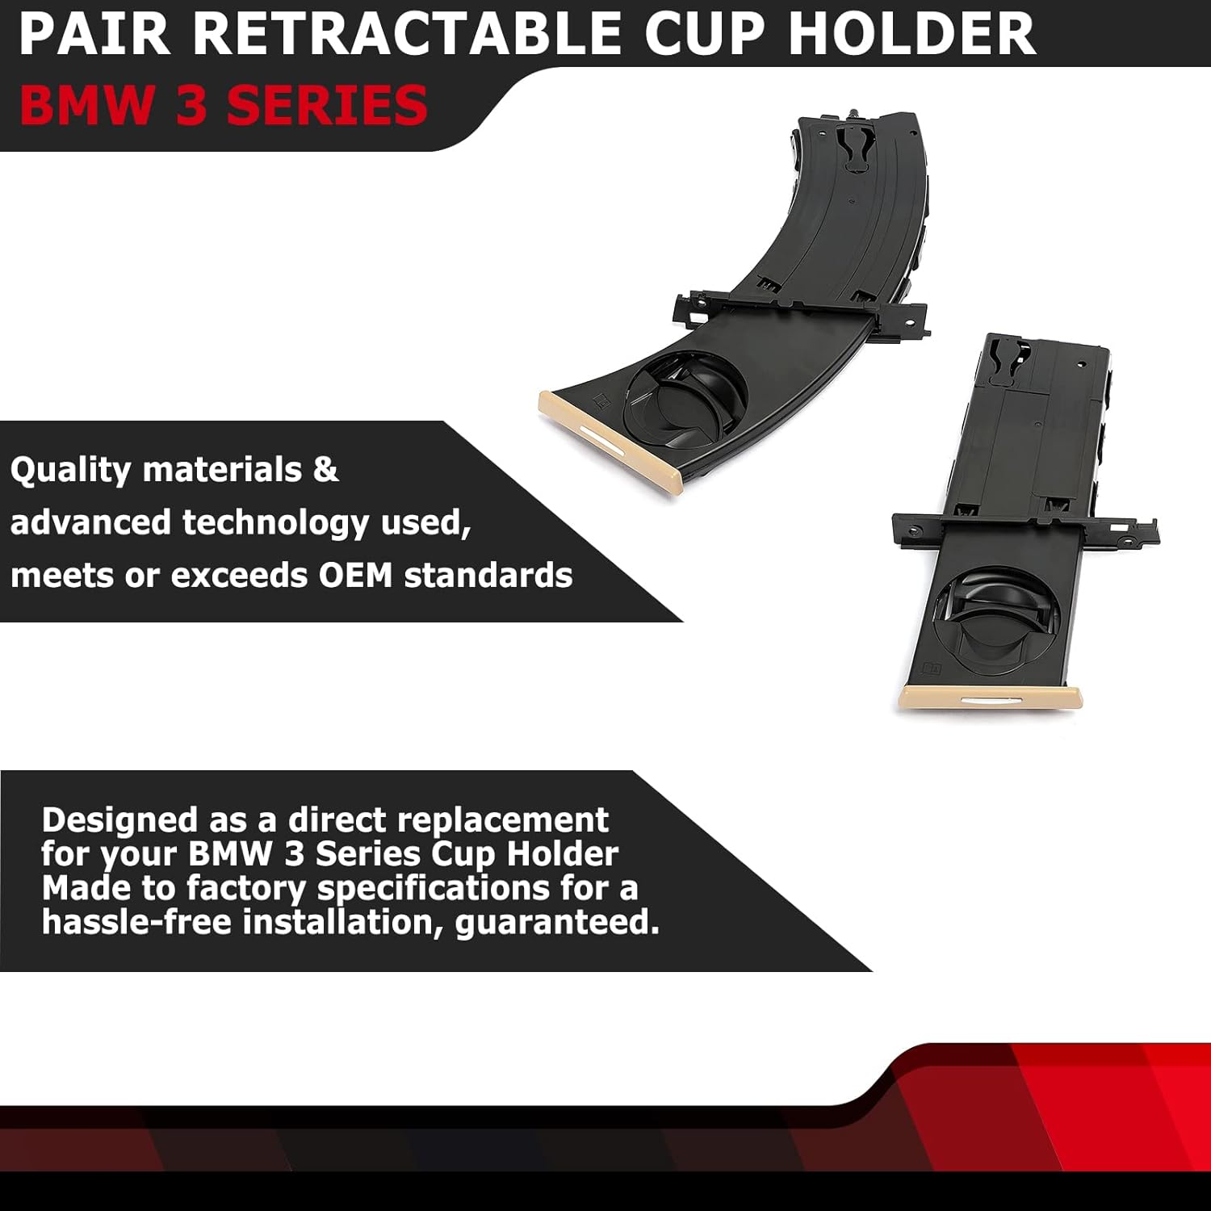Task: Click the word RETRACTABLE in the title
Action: [x=412, y=34]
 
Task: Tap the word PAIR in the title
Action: [x=94, y=34]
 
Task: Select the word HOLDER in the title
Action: [x=911, y=34]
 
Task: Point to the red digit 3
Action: [x=191, y=106]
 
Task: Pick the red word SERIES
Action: [x=327, y=106]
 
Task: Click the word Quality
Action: [x=70, y=471]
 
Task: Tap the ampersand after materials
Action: [x=325, y=469]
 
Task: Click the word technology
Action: [x=276, y=524]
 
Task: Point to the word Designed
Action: [x=119, y=821]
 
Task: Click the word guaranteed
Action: [x=557, y=923]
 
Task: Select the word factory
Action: [x=246, y=889]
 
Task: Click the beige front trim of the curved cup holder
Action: [x=610, y=439]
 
